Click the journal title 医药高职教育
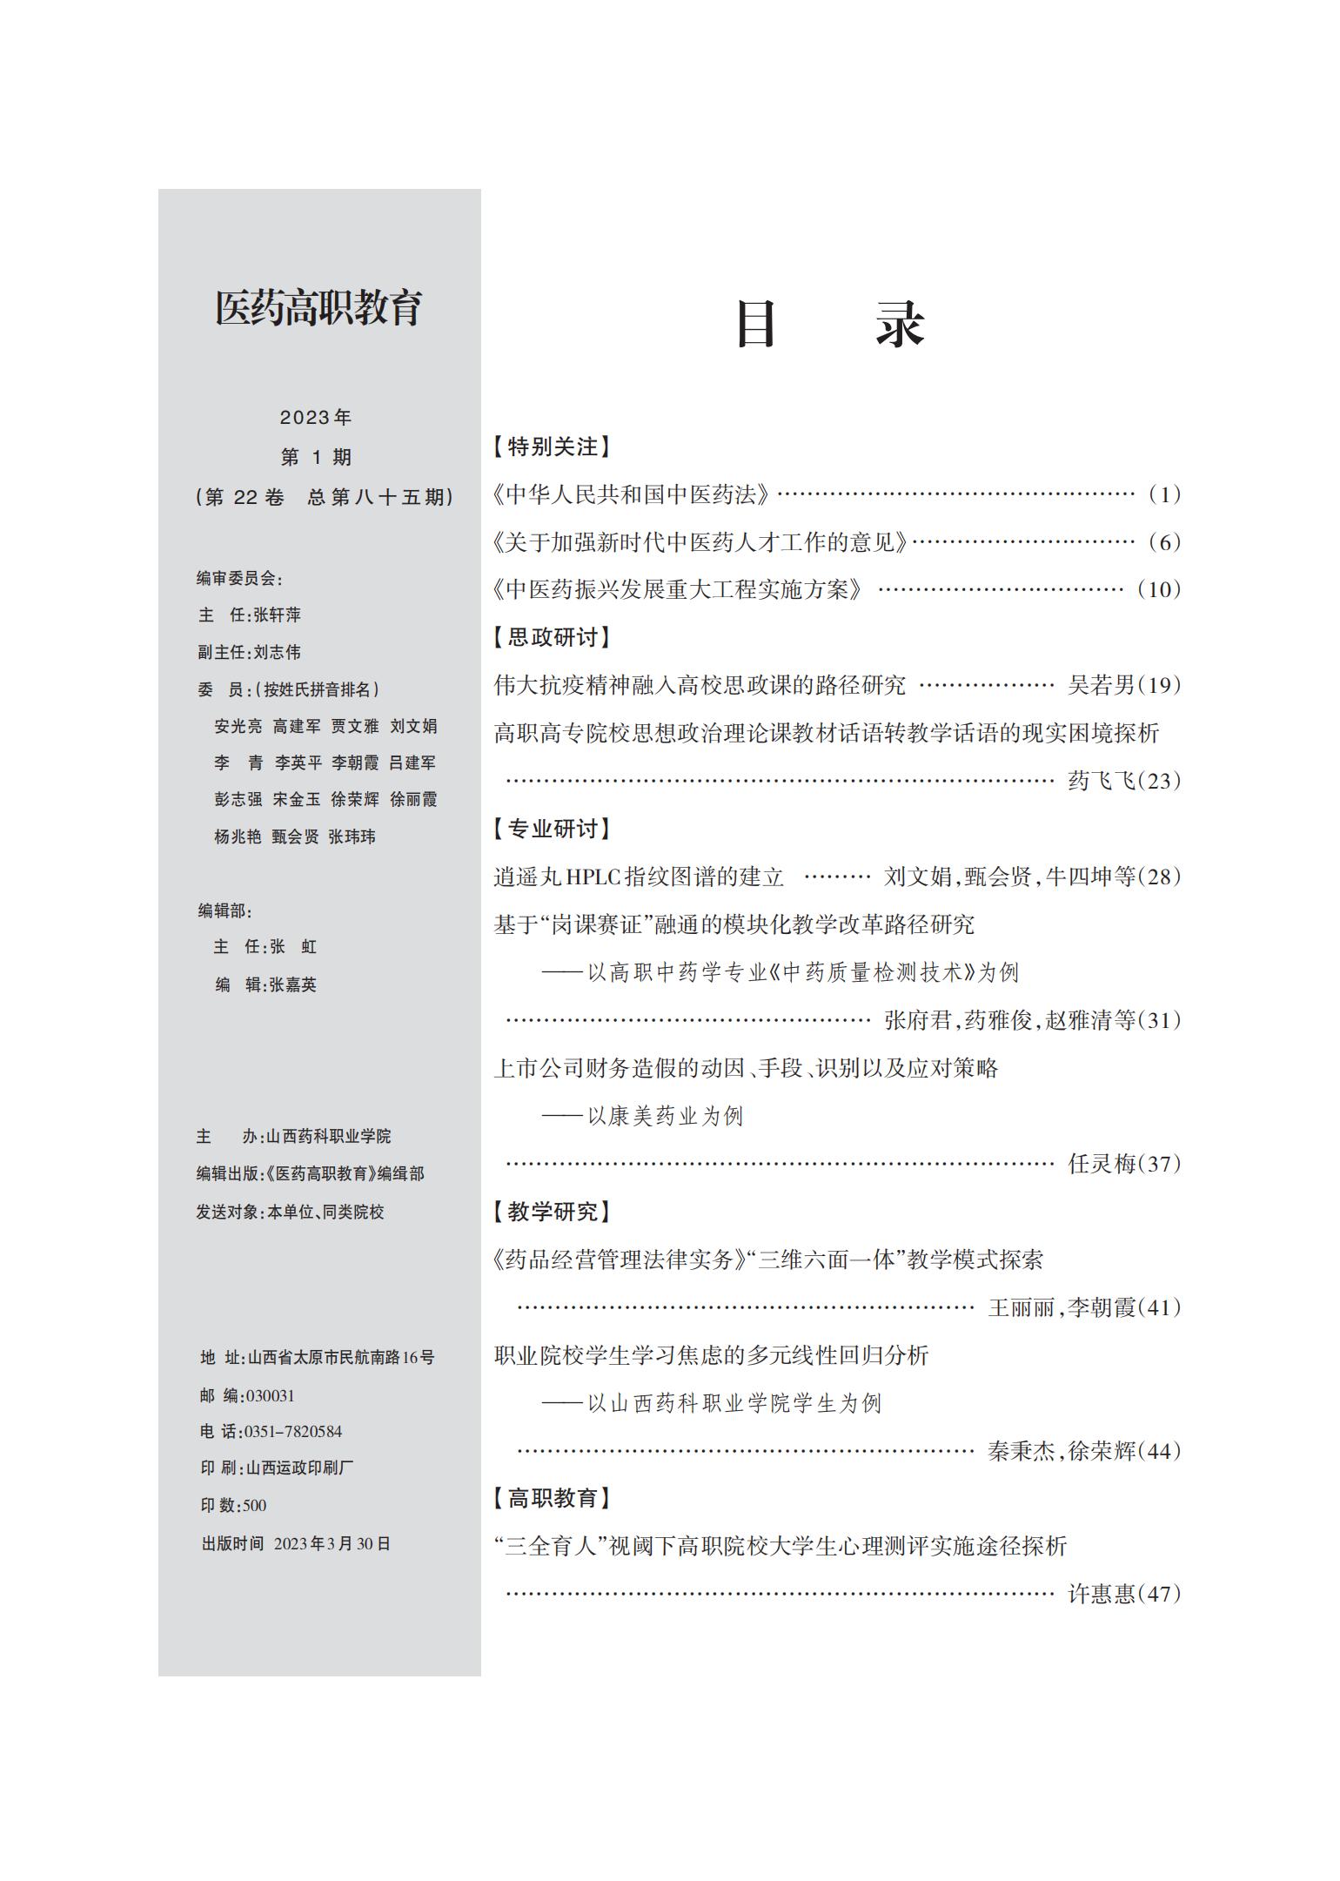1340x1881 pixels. pos(318,308)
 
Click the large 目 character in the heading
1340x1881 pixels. pos(755,325)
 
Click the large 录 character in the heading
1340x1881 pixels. pos(901,325)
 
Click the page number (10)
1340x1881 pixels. pos(1159,589)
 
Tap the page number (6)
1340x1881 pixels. pos(1164,542)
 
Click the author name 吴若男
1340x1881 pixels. pos(1102,685)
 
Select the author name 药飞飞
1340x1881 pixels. pos(1102,781)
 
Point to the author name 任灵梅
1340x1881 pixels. pos(1102,1164)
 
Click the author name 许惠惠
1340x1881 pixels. pos(1102,1594)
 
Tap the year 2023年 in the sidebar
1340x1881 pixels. pos(316,418)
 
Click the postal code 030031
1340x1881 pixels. pos(271,1395)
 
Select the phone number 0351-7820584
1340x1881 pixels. pos(293,1432)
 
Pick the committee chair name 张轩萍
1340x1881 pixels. pos(278,615)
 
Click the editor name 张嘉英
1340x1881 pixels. pos(293,984)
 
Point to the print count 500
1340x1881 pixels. pos(255,1505)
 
